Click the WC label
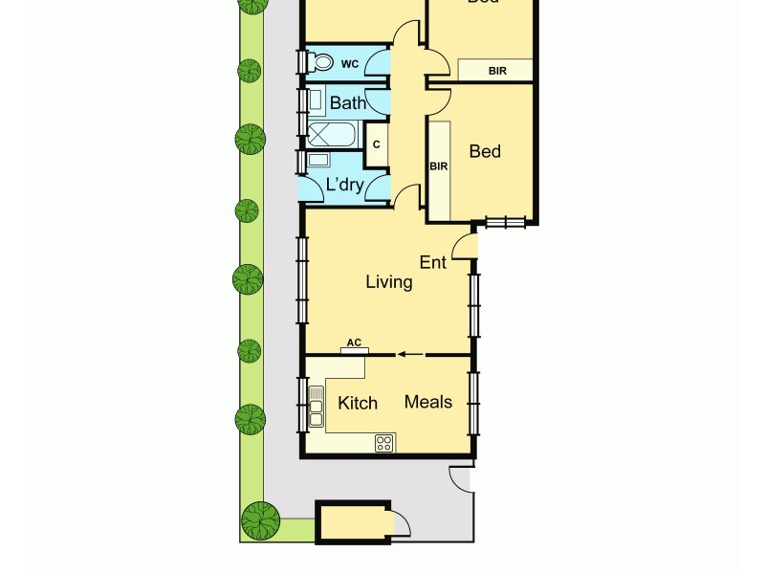point(350,64)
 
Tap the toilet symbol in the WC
point(321,63)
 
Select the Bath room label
point(347,101)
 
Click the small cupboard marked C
point(377,144)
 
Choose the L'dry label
point(345,185)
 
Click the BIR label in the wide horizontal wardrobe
point(496,71)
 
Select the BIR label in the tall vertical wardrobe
point(439,166)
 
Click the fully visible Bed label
point(485,151)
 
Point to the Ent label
point(433,260)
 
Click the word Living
point(389,282)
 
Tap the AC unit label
point(354,342)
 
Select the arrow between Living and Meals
point(410,354)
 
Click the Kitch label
point(358,403)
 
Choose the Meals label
point(427,402)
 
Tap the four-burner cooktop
point(384,442)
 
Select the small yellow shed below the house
point(351,523)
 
